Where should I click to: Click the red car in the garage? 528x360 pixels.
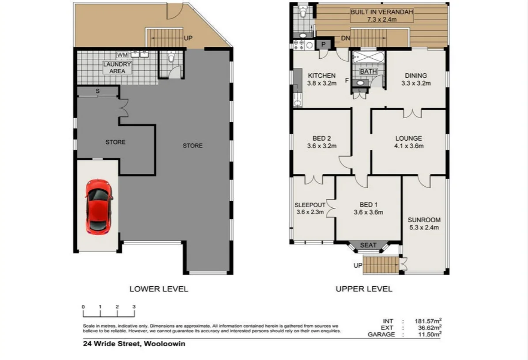pyautogui.click(x=99, y=206)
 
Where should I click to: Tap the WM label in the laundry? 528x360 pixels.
pyautogui.click(x=122, y=55)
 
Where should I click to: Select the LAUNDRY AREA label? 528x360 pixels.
pyautogui.click(x=117, y=67)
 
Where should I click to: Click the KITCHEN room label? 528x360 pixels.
pyautogui.click(x=321, y=79)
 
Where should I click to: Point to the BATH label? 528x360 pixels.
pyautogui.click(x=368, y=71)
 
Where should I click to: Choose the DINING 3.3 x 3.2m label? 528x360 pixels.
pyautogui.click(x=415, y=79)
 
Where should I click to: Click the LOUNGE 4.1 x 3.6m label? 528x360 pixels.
pyautogui.click(x=409, y=142)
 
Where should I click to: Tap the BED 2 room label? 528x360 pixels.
pyautogui.click(x=321, y=142)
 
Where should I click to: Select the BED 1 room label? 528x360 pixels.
pyautogui.click(x=368, y=208)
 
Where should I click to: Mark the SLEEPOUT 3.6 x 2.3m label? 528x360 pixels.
pyautogui.click(x=310, y=208)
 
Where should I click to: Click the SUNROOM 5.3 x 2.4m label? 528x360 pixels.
pyautogui.click(x=424, y=224)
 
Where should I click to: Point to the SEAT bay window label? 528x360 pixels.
pyautogui.click(x=368, y=245)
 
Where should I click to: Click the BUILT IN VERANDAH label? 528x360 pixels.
pyautogui.click(x=382, y=16)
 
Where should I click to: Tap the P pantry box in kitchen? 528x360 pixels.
pyautogui.click(x=324, y=44)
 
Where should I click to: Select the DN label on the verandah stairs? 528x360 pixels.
pyautogui.click(x=346, y=38)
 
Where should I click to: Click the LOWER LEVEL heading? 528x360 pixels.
pyautogui.click(x=158, y=289)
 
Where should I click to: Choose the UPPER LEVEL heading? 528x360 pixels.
pyautogui.click(x=364, y=289)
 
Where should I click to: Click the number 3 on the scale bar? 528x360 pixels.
pyautogui.click(x=134, y=307)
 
